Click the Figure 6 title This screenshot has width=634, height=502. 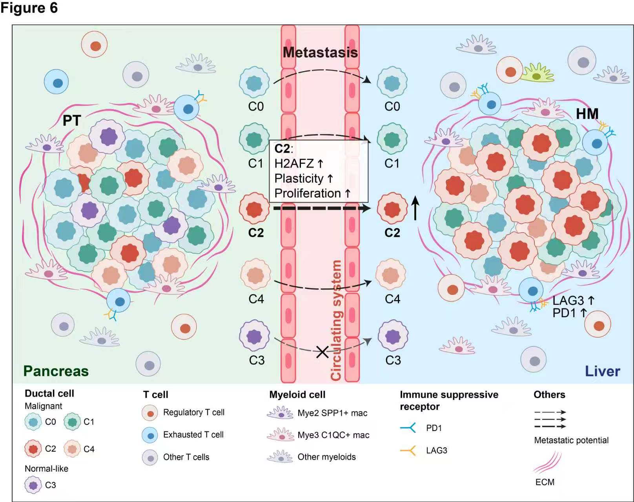(29, 8)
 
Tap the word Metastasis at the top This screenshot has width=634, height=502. (320, 52)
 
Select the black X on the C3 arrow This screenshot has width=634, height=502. (322, 352)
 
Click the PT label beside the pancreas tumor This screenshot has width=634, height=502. (72, 120)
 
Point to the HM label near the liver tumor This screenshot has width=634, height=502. (587, 114)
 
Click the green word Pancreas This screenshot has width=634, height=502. (56, 371)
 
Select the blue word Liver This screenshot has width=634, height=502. (602, 371)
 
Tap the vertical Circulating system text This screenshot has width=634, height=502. (336, 320)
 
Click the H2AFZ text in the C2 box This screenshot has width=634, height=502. (294, 164)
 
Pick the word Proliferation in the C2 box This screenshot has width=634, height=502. (307, 193)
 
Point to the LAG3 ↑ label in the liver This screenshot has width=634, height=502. (573, 301)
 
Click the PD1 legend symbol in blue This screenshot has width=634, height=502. (408, 427)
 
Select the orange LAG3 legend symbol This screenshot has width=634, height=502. (408, 450)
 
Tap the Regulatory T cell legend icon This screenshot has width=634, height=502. (150, 413)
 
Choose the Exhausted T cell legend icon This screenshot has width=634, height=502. (150, 435)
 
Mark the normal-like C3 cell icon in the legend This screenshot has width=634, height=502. (33, 485)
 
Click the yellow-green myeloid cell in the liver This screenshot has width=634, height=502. (537, 73)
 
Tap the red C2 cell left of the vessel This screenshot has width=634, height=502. (255, 208)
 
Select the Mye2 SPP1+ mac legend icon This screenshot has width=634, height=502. (280, 413)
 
